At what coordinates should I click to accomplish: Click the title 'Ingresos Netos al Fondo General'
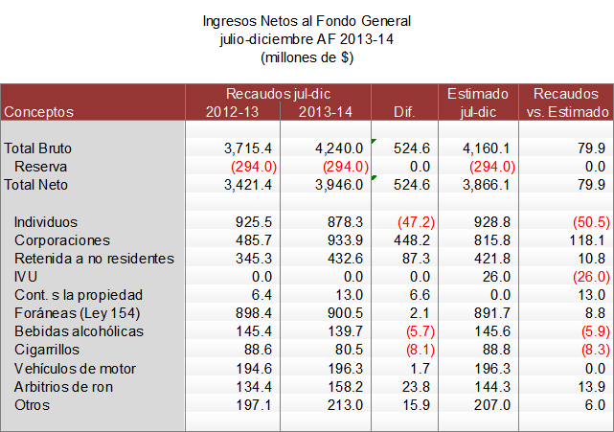tap(307, 20)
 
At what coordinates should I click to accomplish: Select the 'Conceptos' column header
tap(39, 112)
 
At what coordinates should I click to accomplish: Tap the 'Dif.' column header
tap(404, 112)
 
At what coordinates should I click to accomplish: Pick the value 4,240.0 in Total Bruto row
tap(340, 148)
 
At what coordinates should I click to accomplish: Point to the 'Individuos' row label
tap(45, 222)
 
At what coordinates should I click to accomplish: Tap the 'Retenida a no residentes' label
tap(94, 259)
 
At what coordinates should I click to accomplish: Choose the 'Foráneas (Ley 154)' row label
tap(77, 313)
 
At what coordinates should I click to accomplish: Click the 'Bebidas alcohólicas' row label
tap(79, 331)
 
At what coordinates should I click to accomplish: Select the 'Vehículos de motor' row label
tap(76, 369)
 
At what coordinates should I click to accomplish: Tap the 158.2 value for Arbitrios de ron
tap(347, 387)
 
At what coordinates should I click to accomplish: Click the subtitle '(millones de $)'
tap(307, 57)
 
